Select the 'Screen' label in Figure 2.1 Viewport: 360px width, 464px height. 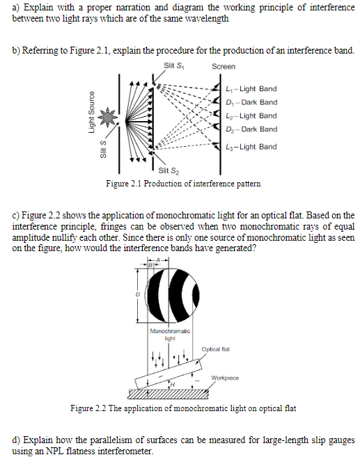(x=224, y=66)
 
